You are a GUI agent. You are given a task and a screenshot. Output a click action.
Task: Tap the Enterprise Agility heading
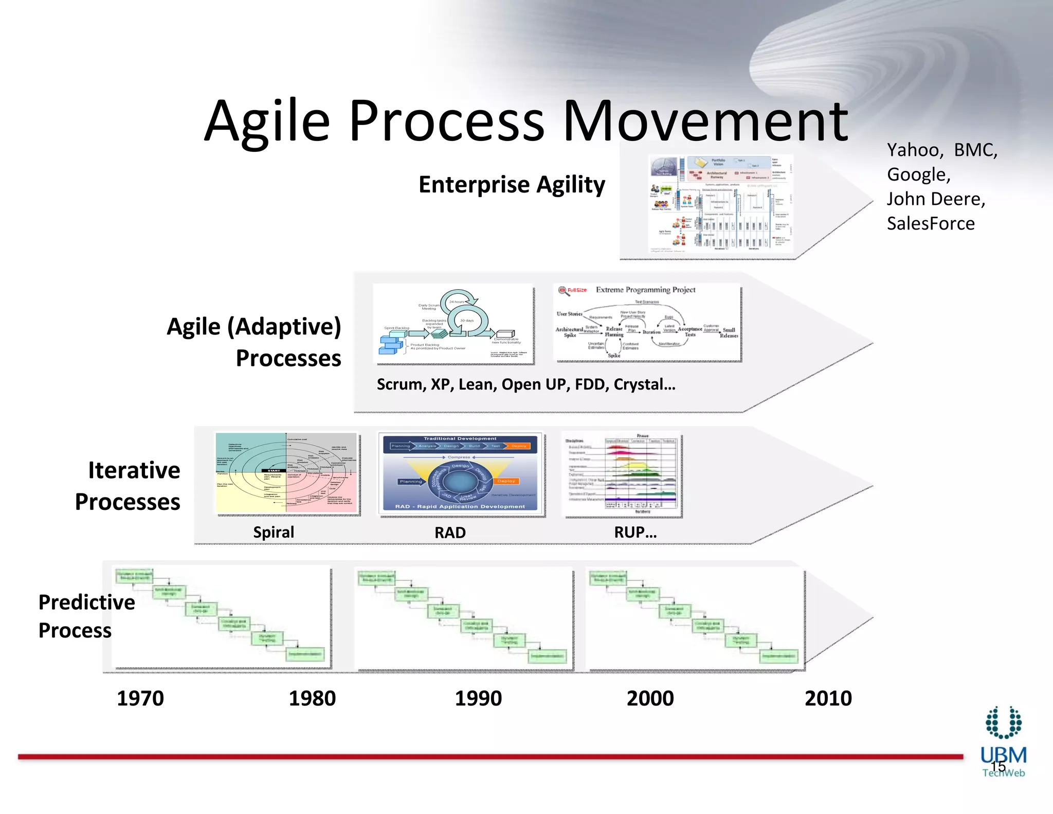tap(512, 184)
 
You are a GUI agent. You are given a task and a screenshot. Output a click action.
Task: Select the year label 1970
tap(140, 698)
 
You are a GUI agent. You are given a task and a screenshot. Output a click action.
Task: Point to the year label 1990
tap(478, 698)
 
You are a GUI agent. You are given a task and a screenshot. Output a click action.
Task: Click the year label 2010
tap(828, 698)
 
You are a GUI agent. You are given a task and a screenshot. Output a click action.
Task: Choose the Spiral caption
tap(274, 532)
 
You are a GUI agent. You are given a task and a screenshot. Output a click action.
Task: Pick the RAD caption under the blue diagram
tap(450, 533)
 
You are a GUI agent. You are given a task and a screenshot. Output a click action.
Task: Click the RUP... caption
tap(635, 533)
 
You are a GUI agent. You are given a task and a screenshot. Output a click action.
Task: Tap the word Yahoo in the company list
tap(914, 150)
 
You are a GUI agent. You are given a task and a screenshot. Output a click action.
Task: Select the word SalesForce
tap(930, 223)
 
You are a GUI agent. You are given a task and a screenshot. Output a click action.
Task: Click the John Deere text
tap(935, 199)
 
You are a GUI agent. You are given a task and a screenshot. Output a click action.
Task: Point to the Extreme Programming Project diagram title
tap(645, 290)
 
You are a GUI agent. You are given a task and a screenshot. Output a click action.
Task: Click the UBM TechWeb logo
tap(1003, 741)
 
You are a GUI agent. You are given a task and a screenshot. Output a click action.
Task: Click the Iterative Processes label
tap(129, 486)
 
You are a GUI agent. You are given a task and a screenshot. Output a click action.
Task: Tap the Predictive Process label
tap(86, 616)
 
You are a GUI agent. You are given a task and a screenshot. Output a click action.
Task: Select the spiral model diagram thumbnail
tap(286, 473)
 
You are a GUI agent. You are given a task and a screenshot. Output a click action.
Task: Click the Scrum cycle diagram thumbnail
tap(454, 324)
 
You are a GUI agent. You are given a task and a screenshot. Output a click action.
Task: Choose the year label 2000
tap(650, 698)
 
